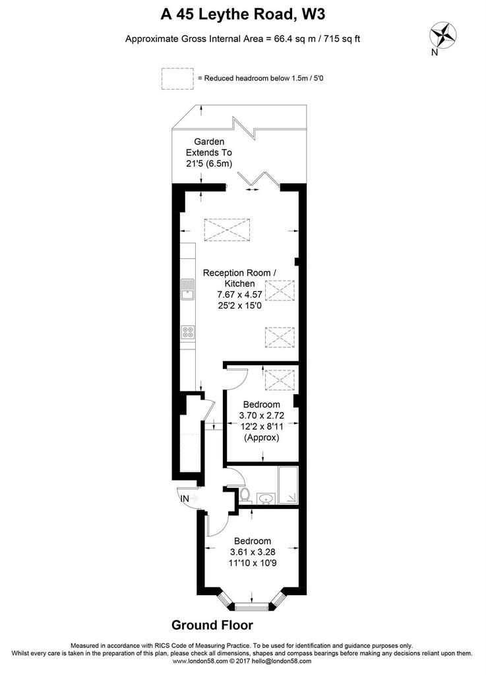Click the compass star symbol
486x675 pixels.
[x=443, y=35]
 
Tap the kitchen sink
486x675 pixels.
[x=187, y=289]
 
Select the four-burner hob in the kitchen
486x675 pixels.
[x=188, y=332]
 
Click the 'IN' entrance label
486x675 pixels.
[x=185, y=498]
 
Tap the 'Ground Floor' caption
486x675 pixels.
[x=212, y=625]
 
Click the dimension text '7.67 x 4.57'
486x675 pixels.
[x=240, y=295]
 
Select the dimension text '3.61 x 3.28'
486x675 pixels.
[x=253, y=552]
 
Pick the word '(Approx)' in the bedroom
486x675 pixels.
[x=262, y=438]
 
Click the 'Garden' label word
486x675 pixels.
[x=209, y=142]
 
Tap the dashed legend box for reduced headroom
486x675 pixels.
[x=177, y=79]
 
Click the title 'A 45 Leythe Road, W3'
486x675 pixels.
[x=243, y=15]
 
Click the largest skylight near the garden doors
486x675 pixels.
[x=227, y=229]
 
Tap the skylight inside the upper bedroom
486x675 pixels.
[x=280, y=379]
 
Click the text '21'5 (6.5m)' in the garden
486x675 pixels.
[x=209, y=163]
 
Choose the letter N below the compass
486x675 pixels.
[x=435, y=53]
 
